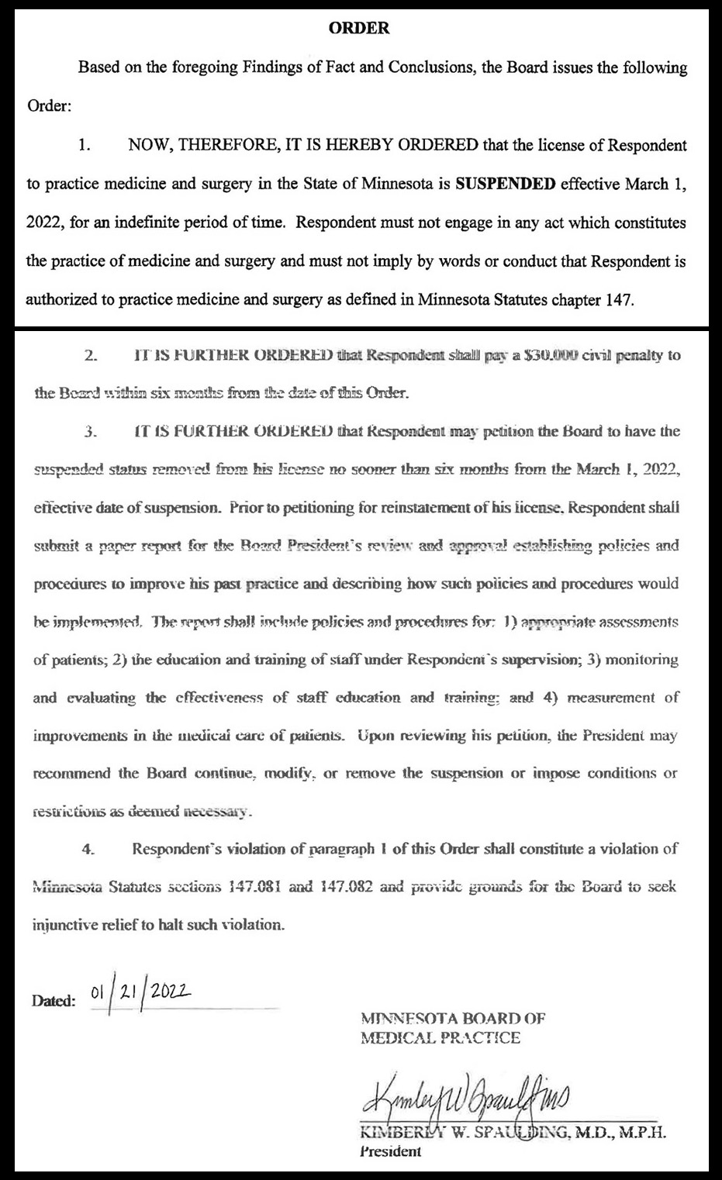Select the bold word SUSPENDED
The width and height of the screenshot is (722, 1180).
tap(505, 185)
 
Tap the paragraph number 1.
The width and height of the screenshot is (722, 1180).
tap(85, 146)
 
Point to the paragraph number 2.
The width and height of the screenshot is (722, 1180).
tap(91, 356)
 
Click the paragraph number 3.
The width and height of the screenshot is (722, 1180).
tap(91, 431)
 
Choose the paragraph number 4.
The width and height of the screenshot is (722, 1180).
tap(88, 848)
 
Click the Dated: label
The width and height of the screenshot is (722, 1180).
tap(54, 1000)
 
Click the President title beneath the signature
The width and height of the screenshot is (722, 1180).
tap(391, 1151)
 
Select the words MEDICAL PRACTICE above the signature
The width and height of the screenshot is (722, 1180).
tap(440, 1038)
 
